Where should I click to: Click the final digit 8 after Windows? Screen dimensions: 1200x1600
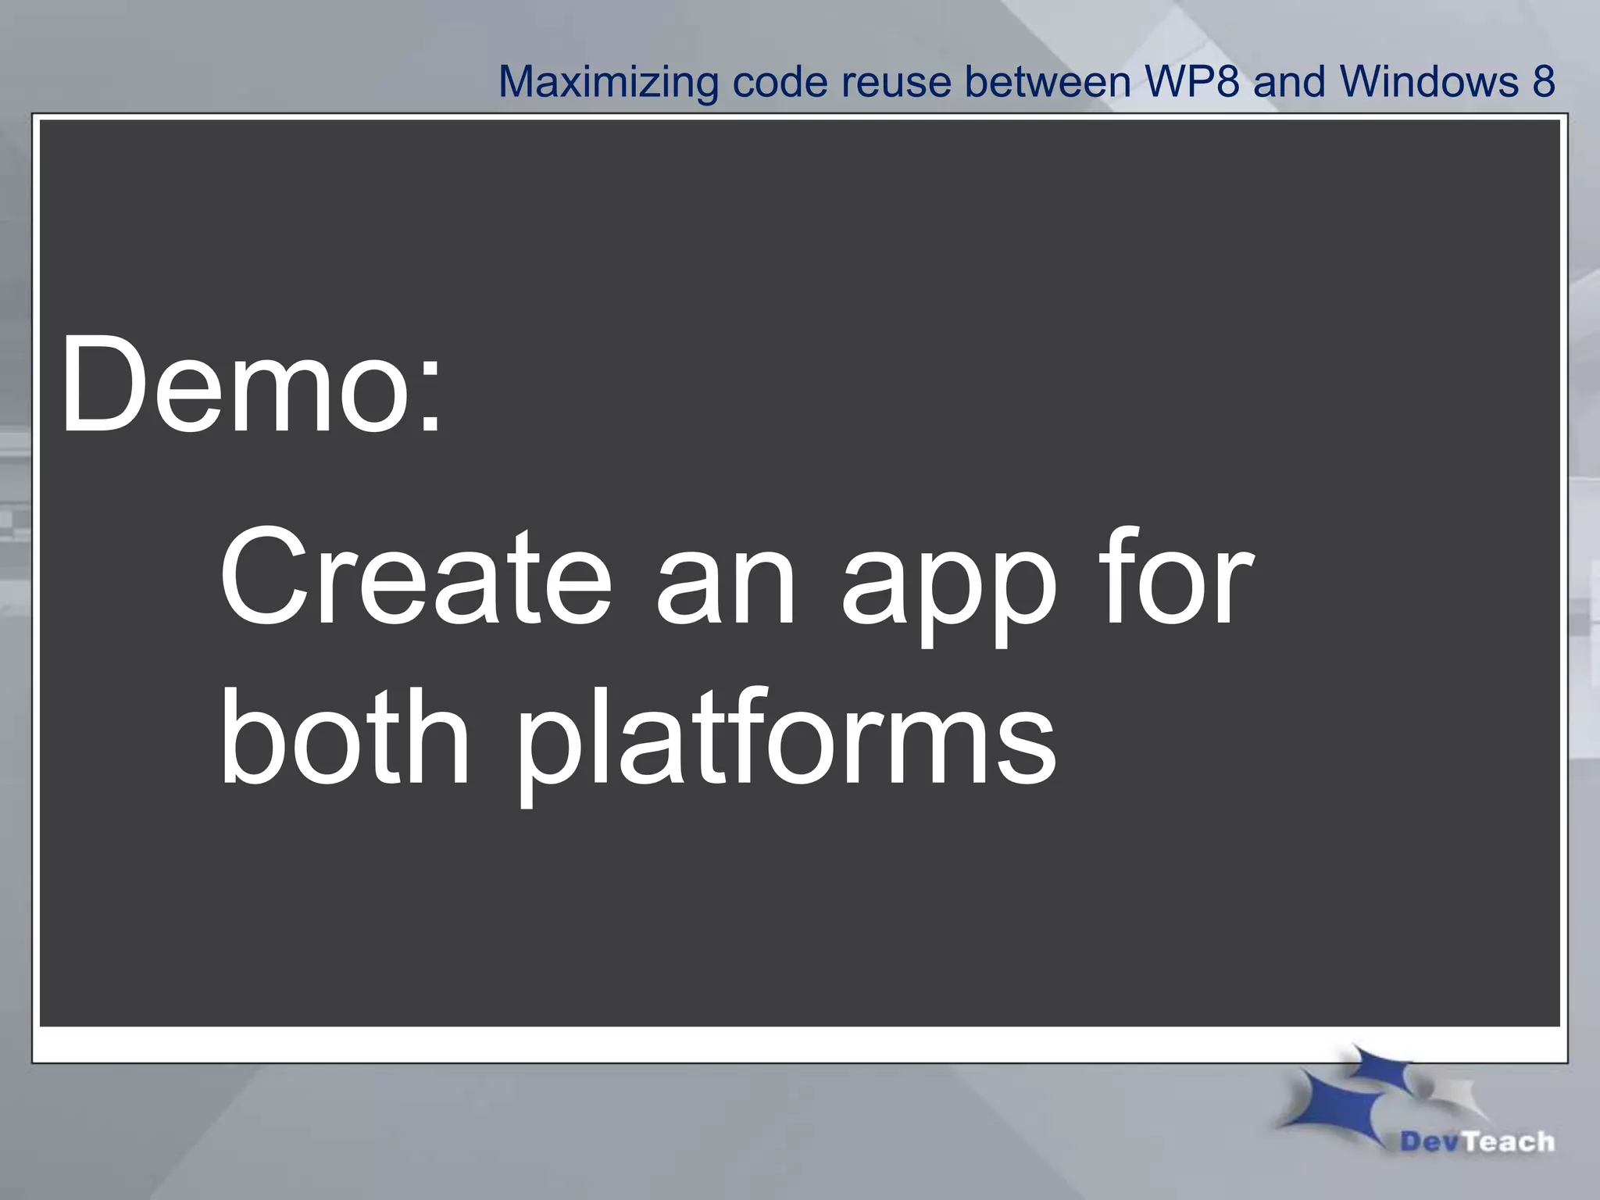(x=1543, y=81)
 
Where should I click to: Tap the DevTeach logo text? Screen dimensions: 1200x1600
(x=1477, y=1141)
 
